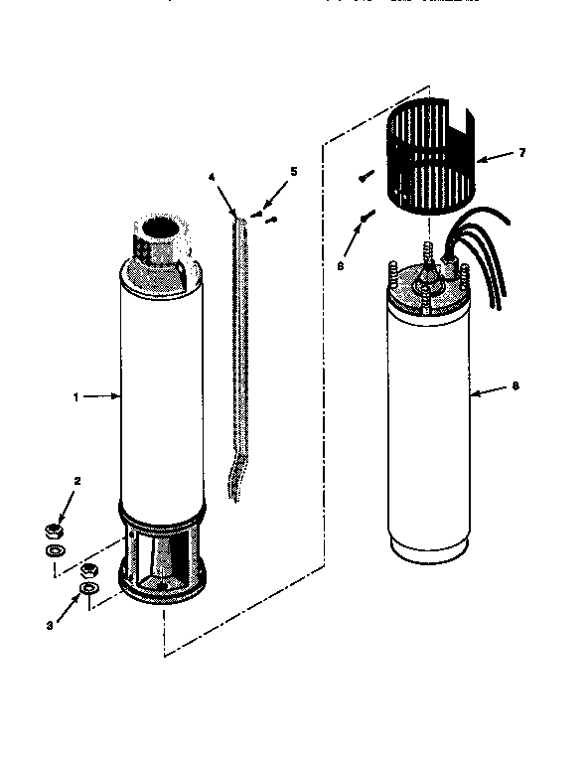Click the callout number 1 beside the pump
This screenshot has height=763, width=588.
pos(75,396)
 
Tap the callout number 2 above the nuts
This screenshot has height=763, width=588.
pos(77,482)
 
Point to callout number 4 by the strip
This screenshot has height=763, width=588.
pos(212,177)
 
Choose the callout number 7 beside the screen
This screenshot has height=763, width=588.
pos(522,153)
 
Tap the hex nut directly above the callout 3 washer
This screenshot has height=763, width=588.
pos(88,570)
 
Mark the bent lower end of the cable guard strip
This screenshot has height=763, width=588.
pos(235,477)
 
